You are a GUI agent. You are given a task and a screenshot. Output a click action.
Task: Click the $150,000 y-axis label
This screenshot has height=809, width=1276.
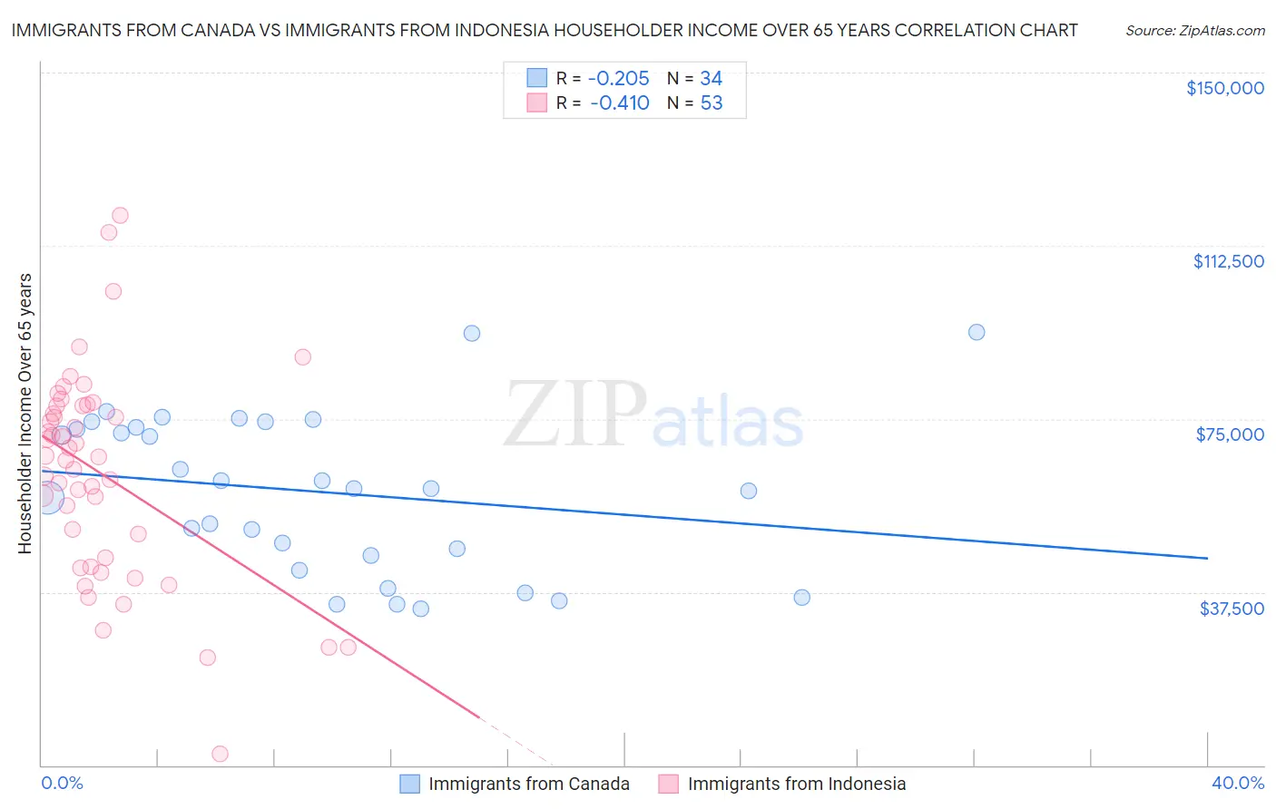(x=1224, y=88)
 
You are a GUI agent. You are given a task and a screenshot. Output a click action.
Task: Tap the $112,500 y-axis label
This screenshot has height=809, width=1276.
(x=1228, y=261)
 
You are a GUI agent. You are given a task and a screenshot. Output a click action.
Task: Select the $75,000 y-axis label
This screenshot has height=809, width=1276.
(x=1230, y=434)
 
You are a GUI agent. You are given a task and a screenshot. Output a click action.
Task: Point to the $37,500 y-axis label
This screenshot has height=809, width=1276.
(x=1232, y=608)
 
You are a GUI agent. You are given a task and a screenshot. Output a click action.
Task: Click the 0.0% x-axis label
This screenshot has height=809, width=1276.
(x=62, y=783)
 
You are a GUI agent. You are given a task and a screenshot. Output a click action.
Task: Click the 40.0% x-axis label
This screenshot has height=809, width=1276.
(x=1238, y=783)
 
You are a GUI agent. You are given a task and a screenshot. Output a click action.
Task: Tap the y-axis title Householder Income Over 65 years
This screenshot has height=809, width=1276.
(x=25, y=413)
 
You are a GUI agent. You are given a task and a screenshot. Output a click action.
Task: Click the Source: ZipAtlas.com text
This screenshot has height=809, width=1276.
(x=1194, y=31)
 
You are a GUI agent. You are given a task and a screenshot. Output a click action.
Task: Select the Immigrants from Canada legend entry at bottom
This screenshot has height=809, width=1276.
(x=515, y=784)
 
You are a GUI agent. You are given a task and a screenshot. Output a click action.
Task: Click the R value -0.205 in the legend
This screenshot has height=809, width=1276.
(x=619, y=79)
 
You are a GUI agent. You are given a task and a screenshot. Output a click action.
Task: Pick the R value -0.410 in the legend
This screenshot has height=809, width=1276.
(x=619, y=102)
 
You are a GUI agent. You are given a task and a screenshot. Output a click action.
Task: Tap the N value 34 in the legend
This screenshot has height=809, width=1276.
(x=711, y=79)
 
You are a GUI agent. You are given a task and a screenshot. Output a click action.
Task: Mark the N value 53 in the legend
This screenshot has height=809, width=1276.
(x=711, y=102)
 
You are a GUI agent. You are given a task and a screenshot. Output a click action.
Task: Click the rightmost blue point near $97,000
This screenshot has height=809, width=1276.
(x=976, y=332)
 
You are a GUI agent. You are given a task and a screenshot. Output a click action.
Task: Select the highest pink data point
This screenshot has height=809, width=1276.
(x=120, y=216)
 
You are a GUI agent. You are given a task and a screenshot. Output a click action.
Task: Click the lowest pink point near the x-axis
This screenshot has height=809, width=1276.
(x=220, y=754)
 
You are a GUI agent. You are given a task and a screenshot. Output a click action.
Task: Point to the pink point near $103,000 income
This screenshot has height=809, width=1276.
(x=113, y=291)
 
